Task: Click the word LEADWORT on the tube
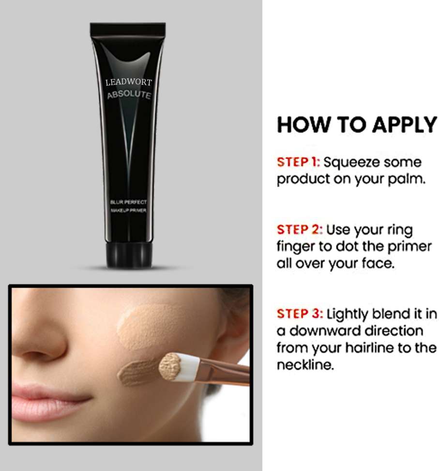point(129,82)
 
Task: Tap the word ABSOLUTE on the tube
point(129,94)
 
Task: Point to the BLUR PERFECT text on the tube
point(128,202)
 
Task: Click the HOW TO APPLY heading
point(357,125)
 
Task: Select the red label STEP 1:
point(299,162)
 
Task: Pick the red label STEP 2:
point(300,230)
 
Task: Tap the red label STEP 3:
point(300,314)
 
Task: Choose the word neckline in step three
point(305,365)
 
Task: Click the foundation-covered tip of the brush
point(170,367)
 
